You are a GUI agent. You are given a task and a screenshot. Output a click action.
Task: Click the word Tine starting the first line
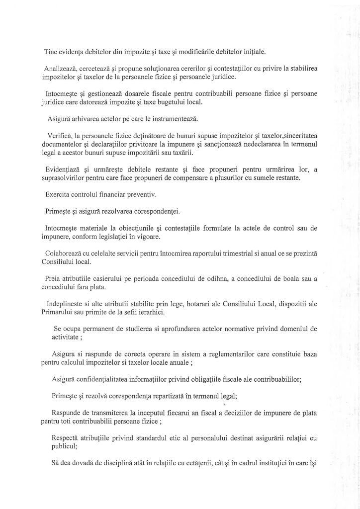(x=52, y=51)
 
